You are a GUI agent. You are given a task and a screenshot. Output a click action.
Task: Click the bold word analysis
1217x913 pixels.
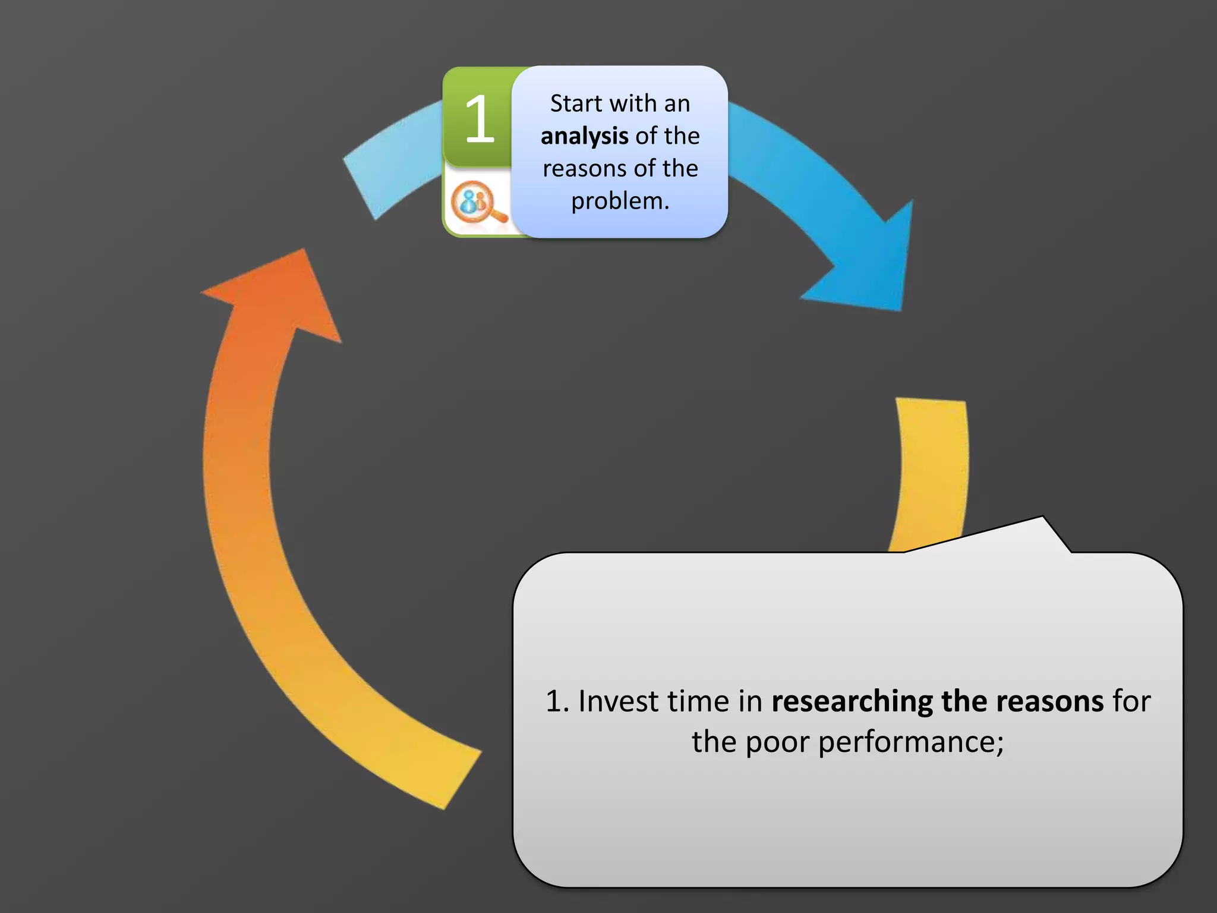pos(584,136)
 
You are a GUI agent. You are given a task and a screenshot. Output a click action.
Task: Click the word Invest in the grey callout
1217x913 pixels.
pos(619,701)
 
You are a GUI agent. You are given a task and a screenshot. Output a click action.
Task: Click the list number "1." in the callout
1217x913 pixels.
pos(557,701)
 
